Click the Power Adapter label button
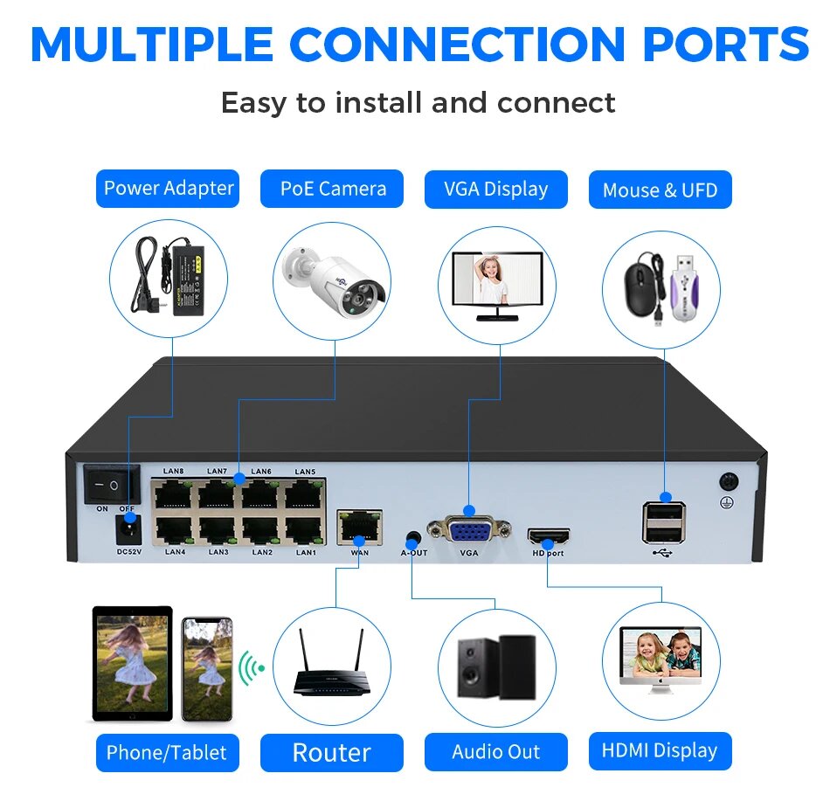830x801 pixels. (x=168, y=189)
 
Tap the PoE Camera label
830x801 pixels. (x=332, y=189)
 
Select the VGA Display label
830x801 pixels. (x=495, y=189)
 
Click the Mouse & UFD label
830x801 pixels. (x=660, y=190)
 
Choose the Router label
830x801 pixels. (x=332, y=752)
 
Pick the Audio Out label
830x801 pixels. (x=495, y=752)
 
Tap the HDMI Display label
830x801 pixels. (x=660, y=750)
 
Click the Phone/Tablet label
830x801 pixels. (x=166, y=752)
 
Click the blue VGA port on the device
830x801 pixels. (x=469, y=529)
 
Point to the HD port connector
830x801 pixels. (x=548, y=535)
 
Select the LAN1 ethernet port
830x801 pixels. (x=305, y=530)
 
